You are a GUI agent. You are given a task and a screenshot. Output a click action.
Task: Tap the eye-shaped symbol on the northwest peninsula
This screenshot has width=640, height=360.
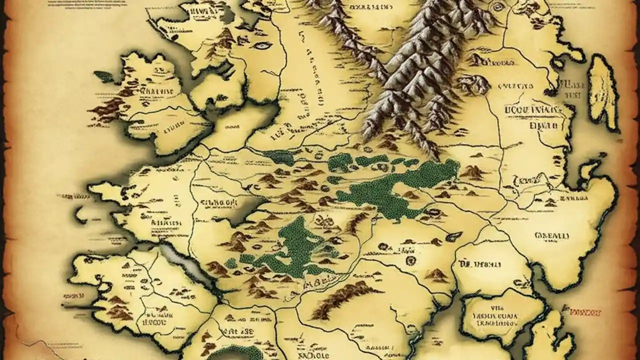click(x=261, y=45)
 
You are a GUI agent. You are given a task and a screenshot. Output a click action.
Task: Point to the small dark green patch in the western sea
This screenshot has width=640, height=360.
click(x=103, y=76)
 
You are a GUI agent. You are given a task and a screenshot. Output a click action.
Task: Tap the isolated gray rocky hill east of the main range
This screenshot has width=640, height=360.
click(x=472, y=85)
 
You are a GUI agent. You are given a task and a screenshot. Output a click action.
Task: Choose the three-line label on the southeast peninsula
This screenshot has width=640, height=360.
click(x=497, y=316)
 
